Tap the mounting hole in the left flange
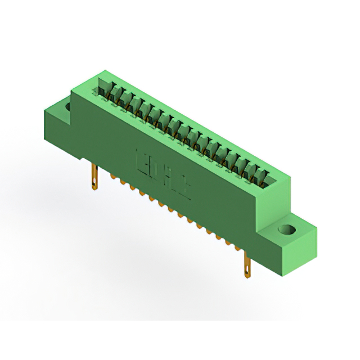tap(69, 105)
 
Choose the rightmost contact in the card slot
tap(260, 179)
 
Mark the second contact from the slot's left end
tap(114, 95)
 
